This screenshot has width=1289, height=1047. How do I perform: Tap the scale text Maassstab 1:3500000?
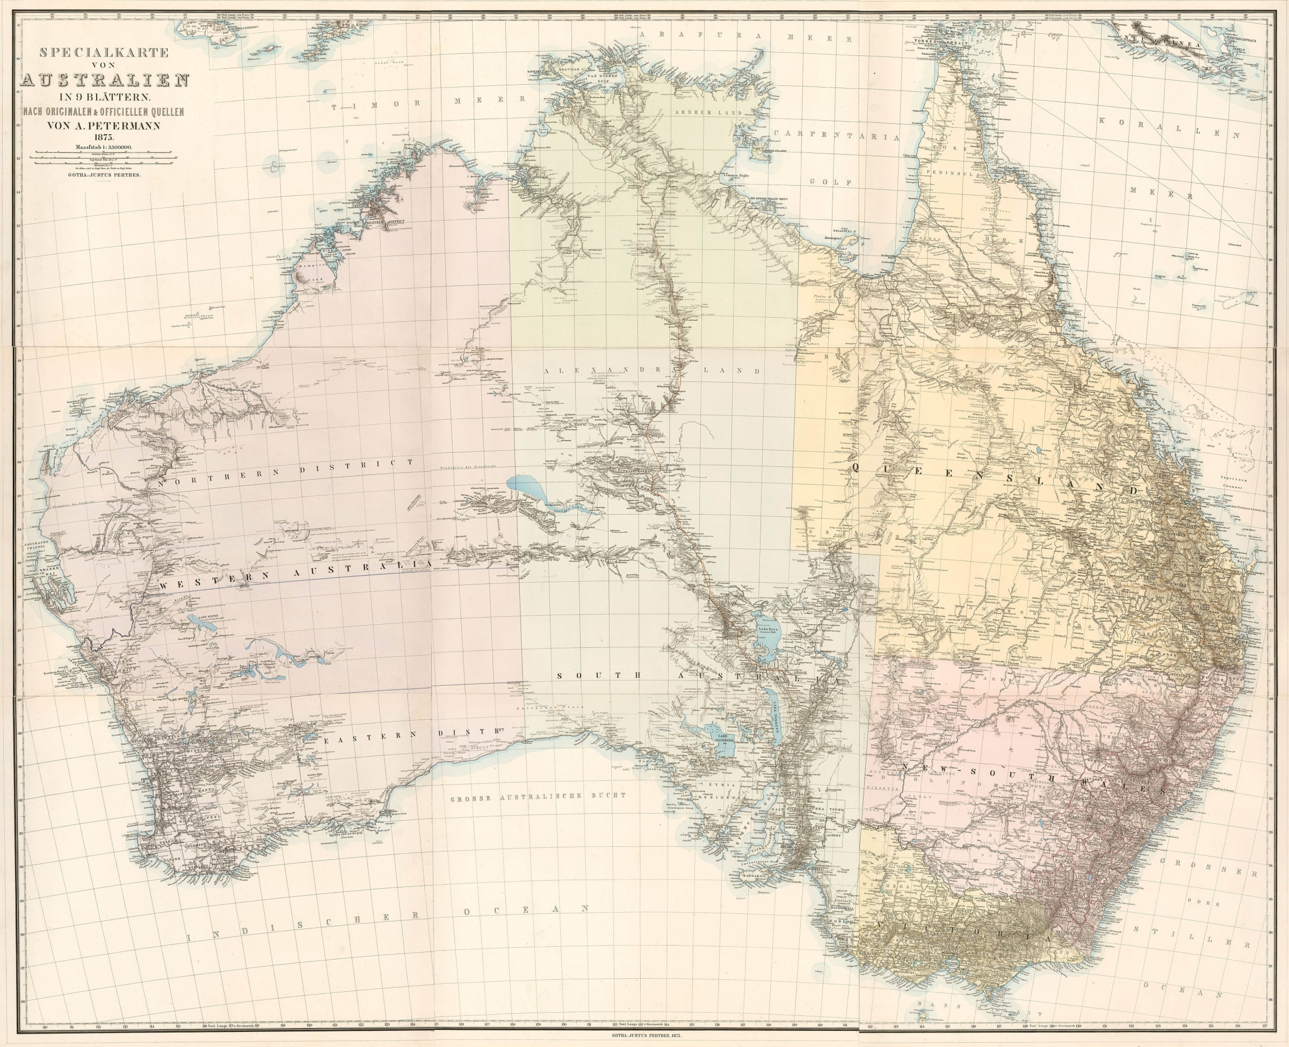tap(104, 145)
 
